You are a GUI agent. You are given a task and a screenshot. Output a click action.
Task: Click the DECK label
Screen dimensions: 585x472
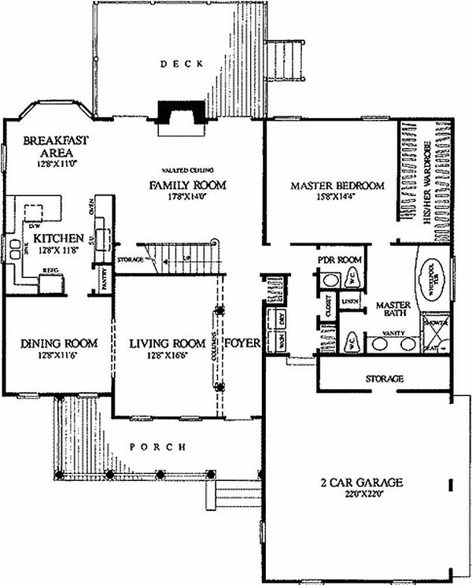click(x=183, y=64)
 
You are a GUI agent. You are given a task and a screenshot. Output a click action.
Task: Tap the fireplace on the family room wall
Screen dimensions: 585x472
click(x=180, y=114)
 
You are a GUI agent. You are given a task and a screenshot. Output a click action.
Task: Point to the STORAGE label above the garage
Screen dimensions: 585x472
click(x=385, y=379)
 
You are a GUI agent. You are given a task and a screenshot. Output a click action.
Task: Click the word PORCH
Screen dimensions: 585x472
click(x=157, y=446)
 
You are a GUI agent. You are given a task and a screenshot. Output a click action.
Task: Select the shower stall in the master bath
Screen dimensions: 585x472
click(x=435, y=331)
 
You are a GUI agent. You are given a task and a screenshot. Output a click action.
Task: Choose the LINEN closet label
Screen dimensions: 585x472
click(x=350, y=301)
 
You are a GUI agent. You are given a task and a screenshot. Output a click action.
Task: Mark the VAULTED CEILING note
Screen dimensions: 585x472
click(x=188, y=170)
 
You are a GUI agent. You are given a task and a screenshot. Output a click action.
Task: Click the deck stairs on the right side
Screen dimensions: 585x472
click(x=283, y=61)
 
